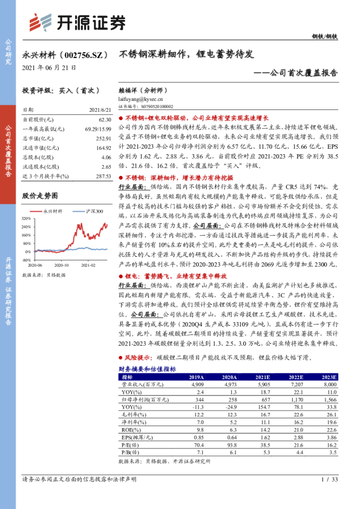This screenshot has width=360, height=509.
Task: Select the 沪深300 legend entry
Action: [x=93, y=212]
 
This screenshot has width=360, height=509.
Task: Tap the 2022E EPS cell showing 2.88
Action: [x=297, y=436]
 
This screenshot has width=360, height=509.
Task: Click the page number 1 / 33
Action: [x=329, y=479]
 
